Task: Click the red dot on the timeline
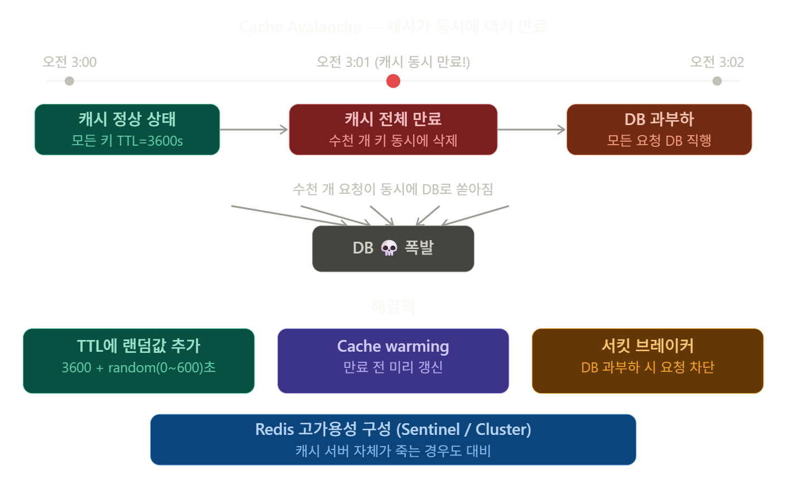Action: coord(393,81)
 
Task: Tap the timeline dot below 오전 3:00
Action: coord(69,81)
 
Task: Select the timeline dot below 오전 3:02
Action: coord(717,81)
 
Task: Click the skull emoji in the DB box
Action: coord(388,248)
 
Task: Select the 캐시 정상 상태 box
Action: coord(127,130)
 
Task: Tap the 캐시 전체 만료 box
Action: coord(393,130)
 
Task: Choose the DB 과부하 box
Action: coord(659,130)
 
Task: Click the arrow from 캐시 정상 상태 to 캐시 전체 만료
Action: coord(255,130)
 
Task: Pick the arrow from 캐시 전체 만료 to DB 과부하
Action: coord(531,130)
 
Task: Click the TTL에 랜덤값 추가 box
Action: coord(138,361)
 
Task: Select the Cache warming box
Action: coord(393,361)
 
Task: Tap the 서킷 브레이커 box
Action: coord(647,361)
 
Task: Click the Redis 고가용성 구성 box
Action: coord(393,439)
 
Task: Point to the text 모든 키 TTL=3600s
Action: coord(127,141)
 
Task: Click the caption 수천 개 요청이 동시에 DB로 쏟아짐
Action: coord(393,189)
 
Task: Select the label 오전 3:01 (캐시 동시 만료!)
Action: coord(393,62)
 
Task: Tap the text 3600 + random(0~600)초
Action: coord(138,367)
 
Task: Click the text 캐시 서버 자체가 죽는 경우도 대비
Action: coord(393,451)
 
